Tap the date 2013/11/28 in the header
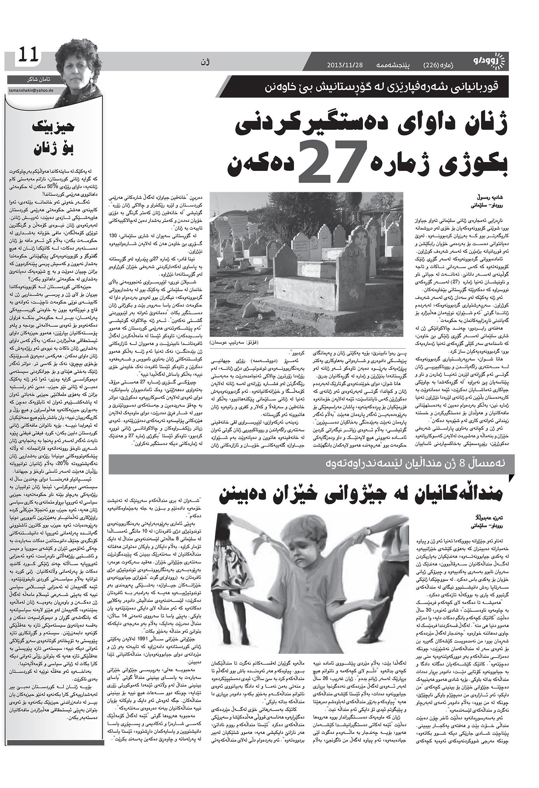(345, 64)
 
